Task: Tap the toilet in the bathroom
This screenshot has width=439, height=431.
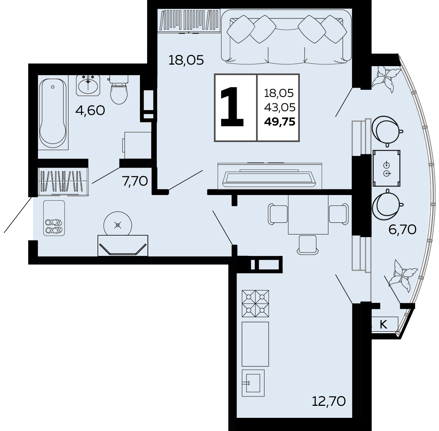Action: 118,89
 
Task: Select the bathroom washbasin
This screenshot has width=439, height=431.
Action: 88,85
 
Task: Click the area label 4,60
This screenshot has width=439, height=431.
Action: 90,110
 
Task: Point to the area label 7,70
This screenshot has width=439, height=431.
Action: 135,181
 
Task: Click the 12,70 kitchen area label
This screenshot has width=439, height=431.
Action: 329,401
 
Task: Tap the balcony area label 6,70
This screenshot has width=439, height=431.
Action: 403,230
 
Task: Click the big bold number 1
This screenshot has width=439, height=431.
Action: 232,107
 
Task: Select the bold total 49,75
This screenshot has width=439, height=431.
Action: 280,122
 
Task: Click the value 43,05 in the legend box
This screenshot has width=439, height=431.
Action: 280,107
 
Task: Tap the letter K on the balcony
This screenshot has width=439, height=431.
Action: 383,324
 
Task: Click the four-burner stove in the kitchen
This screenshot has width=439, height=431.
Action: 255,304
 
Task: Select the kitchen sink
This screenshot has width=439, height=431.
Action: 253,383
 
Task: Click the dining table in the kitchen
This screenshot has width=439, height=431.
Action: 308,215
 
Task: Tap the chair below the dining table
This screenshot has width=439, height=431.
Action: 307,245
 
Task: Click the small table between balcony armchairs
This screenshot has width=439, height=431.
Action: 386,168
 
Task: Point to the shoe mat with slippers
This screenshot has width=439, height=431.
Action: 54,218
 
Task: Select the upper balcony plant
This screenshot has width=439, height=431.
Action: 386,79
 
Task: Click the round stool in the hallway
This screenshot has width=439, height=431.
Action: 118,225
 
